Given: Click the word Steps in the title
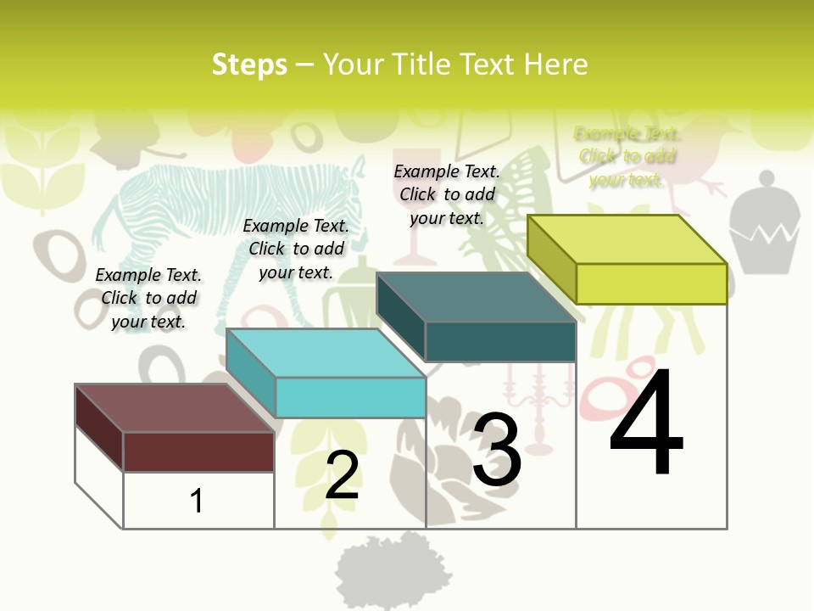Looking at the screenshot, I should coord(249,64).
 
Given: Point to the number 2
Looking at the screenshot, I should coord(342,475).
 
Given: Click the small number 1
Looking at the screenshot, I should coord(197,501).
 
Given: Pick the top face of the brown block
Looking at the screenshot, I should coord(174,408).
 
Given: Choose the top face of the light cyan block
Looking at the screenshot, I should coord(326,353).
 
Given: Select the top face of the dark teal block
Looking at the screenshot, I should coord(476,298).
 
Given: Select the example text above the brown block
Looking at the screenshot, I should coord(148,298).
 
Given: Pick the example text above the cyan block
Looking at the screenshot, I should coord(296,249).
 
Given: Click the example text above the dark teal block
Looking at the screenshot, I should coord(447,194).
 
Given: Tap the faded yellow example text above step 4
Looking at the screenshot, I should coord(627,156).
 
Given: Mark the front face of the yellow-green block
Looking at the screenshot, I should coord(651,283).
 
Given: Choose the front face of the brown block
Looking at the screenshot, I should coord(198,451).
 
